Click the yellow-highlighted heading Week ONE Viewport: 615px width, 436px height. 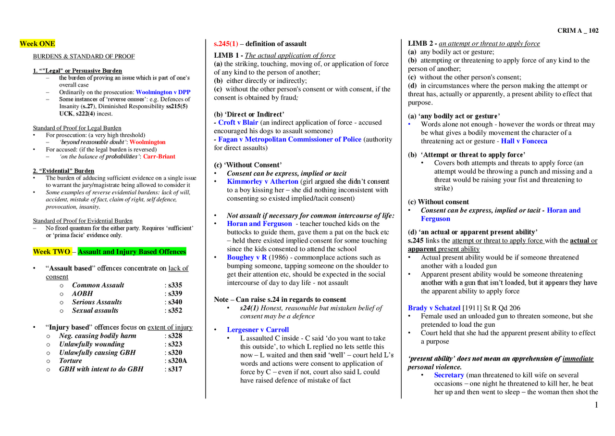point(37,44)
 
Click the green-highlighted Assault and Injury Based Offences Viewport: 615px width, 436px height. point(131,252)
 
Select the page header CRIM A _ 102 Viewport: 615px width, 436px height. point(578,30)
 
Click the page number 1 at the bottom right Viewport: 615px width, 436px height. point(596,405)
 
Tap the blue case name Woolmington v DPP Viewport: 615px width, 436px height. point(163,92)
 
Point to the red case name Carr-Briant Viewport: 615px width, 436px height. point(159,156)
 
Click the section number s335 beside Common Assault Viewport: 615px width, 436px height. point(175,285)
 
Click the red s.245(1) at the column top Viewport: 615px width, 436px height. point(225,44)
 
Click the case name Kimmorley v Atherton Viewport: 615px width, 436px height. point(262,181)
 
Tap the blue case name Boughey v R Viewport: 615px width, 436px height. point(247,257)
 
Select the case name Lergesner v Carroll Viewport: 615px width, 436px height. point(258,330)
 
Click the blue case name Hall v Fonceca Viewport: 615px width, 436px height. point(524,141)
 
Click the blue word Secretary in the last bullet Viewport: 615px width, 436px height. point(449,375)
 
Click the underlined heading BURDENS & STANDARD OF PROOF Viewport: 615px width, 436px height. point(84,56)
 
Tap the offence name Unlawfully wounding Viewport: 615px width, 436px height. point(91,344)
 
